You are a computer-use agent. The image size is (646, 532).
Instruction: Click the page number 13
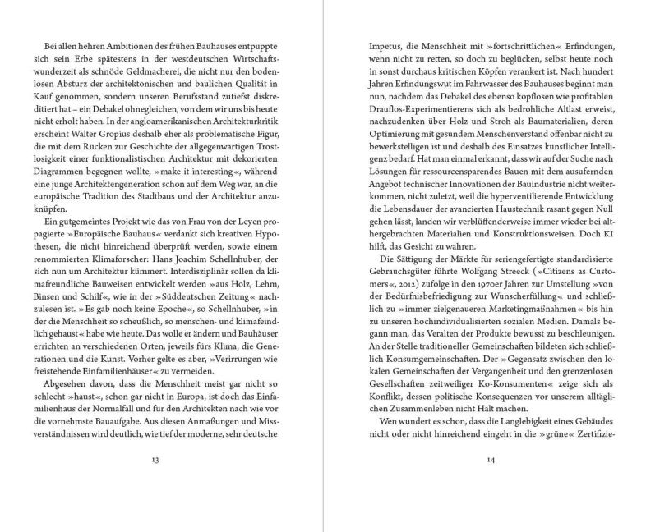(155, 459)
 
